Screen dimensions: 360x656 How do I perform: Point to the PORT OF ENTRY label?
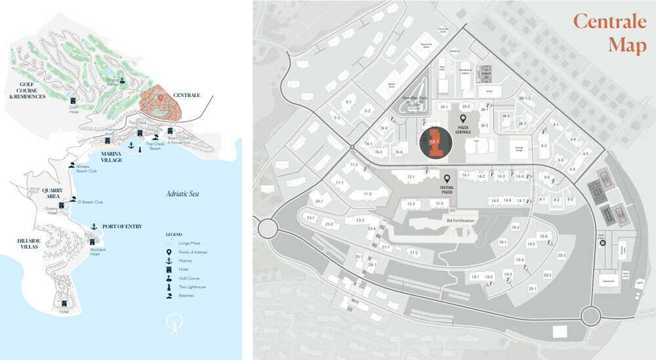coord(122,226)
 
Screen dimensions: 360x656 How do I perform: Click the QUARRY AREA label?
coord(52,193)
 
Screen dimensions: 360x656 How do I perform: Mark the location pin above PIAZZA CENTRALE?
coord(464,119)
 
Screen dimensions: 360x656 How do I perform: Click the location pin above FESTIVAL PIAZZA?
coord(447,178)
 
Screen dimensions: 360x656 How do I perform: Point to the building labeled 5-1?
coord(348,102)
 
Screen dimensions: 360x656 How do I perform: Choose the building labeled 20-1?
coord(532,288)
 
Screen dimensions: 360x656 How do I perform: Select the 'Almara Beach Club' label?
coord(87,169)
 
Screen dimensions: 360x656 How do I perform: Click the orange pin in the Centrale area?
coord(159,98)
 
